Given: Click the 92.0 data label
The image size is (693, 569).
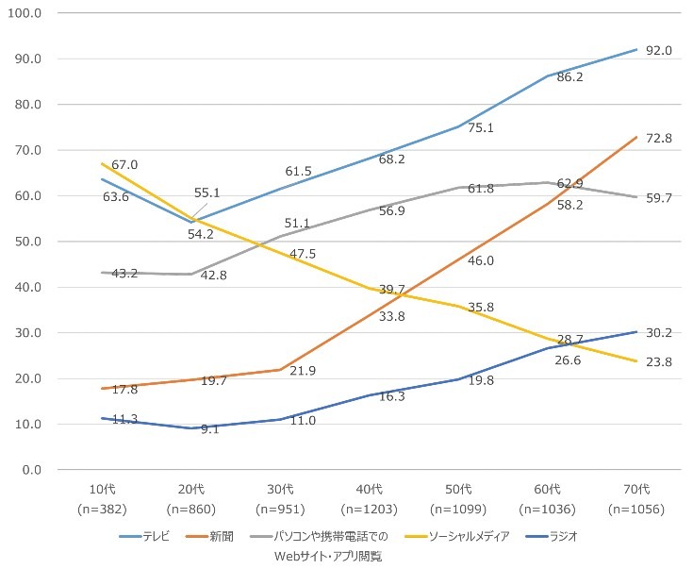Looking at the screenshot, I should [658, 50].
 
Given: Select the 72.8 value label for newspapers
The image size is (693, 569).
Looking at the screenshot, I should [658, 139].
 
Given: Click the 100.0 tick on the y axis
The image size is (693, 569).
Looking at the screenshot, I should [25, 14].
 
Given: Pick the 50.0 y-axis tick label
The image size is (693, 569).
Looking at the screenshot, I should [28, 242].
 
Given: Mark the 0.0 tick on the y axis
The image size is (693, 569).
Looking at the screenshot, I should [32, 470].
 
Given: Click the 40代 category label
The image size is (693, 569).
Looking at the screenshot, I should [369, 489].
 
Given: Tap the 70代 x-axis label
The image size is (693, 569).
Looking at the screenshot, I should [636, 489].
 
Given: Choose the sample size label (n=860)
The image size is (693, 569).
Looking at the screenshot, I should [190, 508].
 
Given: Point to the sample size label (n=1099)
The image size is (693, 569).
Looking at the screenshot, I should [458, 508].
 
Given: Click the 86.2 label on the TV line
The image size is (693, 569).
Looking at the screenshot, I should [569, 77].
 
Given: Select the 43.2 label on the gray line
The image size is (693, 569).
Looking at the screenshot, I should [124, 274].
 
